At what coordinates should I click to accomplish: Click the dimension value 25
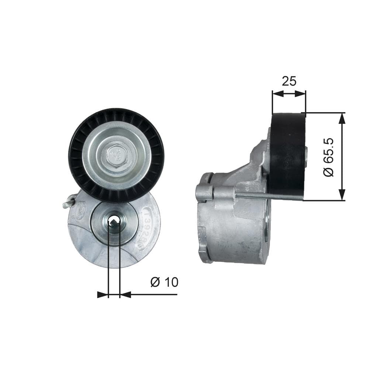tap(289, 81)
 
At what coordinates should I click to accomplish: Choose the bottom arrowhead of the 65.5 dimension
tap(342, 196)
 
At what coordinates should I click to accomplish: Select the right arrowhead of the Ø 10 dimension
tap(125, 294)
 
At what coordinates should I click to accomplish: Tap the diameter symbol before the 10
tap(155, 282)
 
